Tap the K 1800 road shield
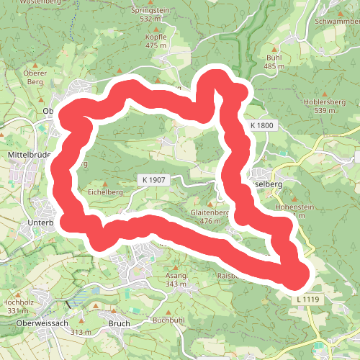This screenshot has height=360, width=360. [x=263, y=125]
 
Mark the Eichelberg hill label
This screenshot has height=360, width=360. [x=106, y=192]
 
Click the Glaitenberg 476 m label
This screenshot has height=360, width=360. [x=210, y=217]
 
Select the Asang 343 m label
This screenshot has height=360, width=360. [x=176, y=280]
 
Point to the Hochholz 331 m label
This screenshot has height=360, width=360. [x=15, y=307]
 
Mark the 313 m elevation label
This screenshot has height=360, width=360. [x=81, y=332]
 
